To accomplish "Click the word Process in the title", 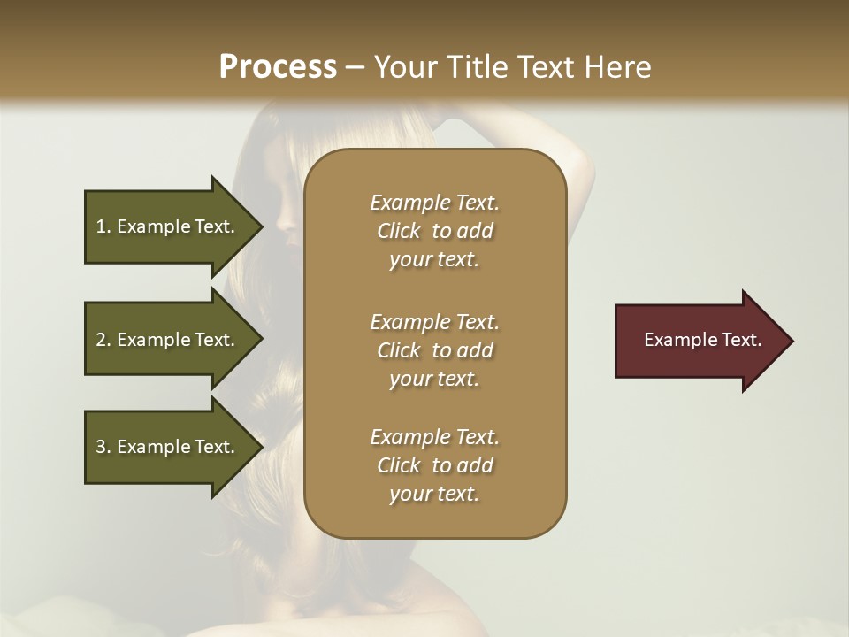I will [278, 67].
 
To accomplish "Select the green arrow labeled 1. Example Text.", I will [168, 226].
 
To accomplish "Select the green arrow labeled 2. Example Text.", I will [168, 340].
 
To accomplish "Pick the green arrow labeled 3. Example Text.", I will [168, 447].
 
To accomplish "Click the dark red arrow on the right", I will [699, 341].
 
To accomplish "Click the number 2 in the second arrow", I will [100, 340].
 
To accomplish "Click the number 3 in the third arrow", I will [100, 447].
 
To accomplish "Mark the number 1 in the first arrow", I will [100, 226].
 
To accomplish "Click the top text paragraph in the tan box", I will [434, 231].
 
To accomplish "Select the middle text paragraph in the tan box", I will [434, 350].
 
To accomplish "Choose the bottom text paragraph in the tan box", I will [434, 465].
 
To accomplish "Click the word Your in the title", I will [402, 67].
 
